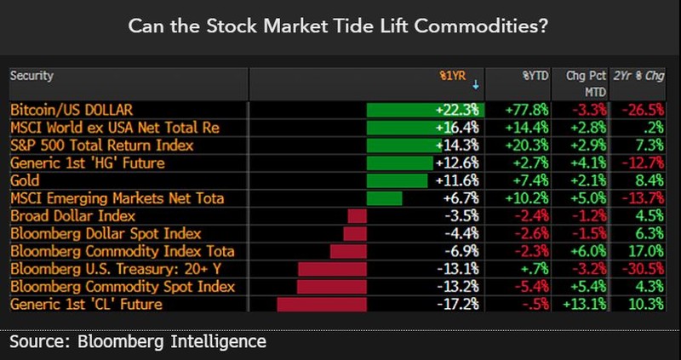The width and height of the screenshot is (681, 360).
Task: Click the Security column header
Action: (32, 76)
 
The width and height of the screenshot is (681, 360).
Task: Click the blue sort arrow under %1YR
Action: (475, 86)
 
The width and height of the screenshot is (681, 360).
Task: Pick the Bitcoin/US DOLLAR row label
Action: (72, 110)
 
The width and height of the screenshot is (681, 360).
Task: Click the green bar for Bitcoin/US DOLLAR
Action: (424, 110)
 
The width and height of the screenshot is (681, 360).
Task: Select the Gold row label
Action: (25, 181)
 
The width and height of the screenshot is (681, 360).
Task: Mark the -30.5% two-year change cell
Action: (644, 269)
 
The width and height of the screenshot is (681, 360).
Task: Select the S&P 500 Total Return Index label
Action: (101, 146)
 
